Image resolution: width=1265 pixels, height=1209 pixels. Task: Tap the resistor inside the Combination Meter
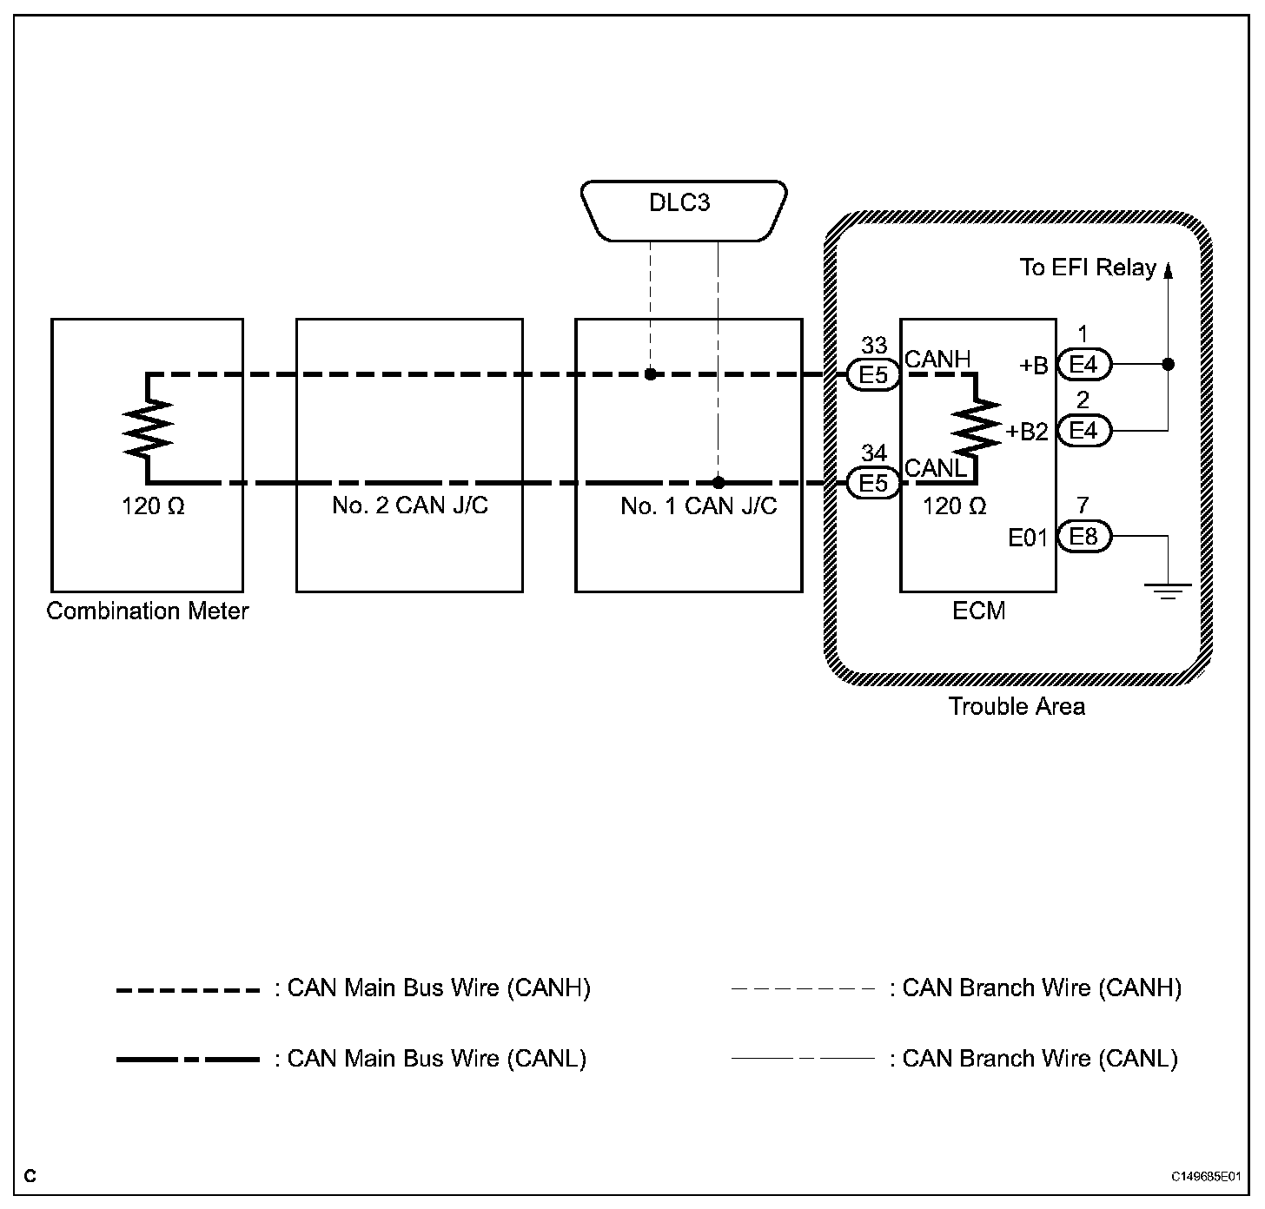(148, 428)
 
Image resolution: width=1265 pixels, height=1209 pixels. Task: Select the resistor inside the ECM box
(977, 428)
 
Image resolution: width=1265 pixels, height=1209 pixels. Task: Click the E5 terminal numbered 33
(873, 374)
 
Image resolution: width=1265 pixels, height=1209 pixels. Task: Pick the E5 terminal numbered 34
(873, 482)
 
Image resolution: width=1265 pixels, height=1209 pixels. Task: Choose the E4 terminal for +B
(1083, 365)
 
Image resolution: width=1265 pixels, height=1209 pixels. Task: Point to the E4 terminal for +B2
(1083, 430)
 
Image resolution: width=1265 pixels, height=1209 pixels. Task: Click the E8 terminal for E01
(1083, 537)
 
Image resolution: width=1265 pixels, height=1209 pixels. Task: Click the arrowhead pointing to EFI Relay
(1168, 270)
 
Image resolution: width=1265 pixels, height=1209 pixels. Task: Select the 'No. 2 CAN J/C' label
(410, 505)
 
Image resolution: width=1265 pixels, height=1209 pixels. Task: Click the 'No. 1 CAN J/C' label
(699, 506)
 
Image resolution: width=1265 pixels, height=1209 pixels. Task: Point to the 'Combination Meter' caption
(148, 611)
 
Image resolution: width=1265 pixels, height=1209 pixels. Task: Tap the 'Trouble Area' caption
(1017, 706)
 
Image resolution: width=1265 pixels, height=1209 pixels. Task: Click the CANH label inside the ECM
(937, 359)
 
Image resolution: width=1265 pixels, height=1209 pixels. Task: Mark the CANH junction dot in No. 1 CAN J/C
(650, 374)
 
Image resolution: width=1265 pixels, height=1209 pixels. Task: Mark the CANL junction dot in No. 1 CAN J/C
(719, 482)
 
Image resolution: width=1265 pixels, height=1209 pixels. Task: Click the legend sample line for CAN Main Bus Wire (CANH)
(188, 990)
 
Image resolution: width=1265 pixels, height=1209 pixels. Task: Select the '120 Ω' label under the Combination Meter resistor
(153, 506)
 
